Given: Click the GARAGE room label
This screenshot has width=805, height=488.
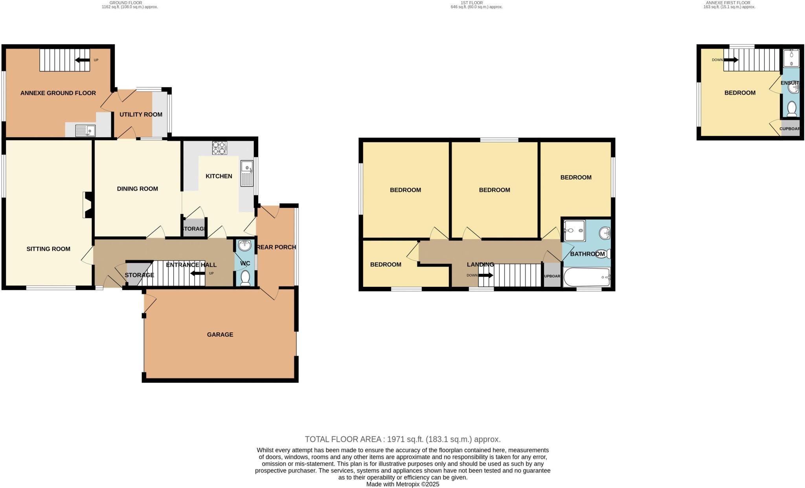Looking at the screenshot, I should [x=220, y=335].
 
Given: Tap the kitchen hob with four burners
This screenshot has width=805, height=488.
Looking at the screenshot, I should [x=220, y=148].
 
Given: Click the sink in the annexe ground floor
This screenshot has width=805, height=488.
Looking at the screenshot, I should [x=85, y=130].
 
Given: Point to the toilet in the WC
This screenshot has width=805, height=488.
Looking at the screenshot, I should [x=245, y=278].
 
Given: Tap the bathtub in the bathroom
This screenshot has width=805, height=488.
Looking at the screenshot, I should [x=586, y=277].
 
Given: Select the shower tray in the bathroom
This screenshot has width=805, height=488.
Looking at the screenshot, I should [x=574, y=231].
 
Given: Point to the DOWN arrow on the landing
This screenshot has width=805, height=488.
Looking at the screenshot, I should [x=485, y=275].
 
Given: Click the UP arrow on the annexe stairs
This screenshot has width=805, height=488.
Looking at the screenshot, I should [x=82, y=60].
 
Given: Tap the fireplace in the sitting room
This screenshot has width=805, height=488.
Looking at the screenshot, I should [x=87, y=205].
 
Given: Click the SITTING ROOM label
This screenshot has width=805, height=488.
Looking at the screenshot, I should [x=48, y=249].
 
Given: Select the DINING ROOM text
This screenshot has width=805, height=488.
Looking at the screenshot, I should [x=138, y=189].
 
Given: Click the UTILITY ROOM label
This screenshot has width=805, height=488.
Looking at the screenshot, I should [x=141, y=115].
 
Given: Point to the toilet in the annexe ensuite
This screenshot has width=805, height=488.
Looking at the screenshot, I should [x=792, y=108].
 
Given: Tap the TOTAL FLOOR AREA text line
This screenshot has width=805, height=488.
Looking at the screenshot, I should [x=402, y=439].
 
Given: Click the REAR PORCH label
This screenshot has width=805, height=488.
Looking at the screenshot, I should [x=276, y=247].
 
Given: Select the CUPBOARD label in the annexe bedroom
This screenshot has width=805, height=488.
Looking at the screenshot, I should [x=789, y=129].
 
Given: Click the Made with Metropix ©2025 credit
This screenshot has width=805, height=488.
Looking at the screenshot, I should [x=402, y=484].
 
